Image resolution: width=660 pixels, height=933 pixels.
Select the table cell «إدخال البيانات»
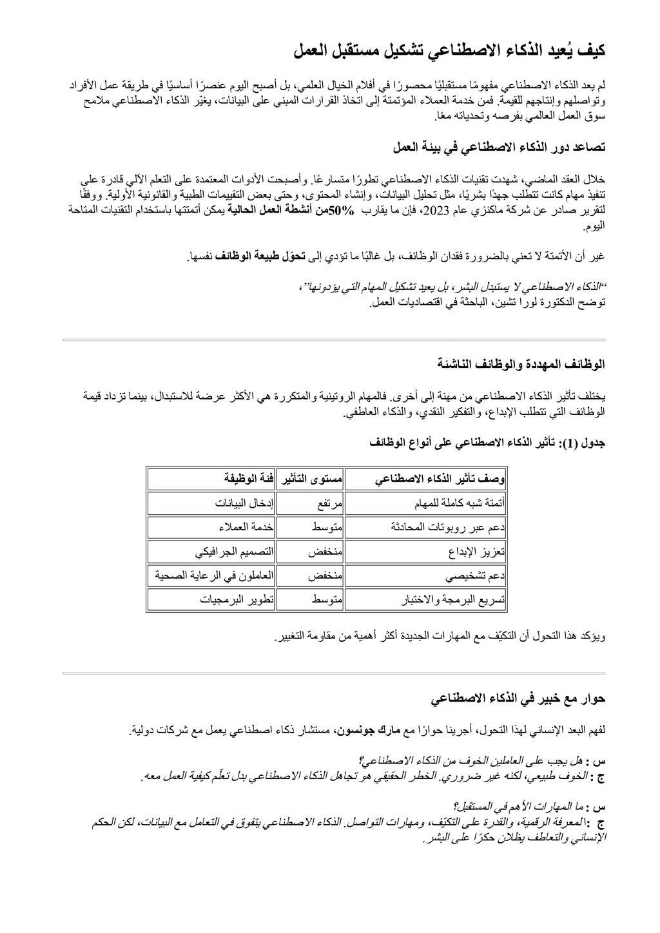pyautogui.click(x=245, y=503)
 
